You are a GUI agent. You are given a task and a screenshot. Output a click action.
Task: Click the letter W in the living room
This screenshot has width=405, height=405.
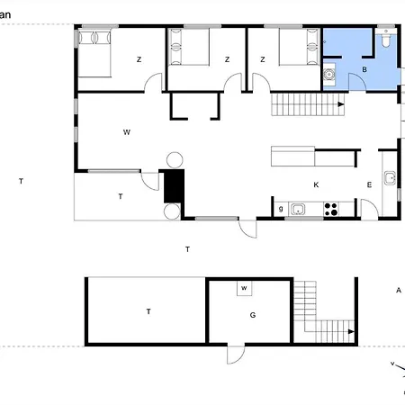coord(127,132)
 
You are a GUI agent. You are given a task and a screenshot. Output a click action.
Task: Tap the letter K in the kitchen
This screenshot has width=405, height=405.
coord(316,184)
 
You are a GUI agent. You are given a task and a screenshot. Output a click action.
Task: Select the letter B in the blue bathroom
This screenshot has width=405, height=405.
coord(364,69)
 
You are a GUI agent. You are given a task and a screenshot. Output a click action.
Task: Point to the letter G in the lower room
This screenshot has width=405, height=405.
coord(253,315)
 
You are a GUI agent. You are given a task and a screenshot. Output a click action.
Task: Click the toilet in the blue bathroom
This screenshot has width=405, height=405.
coord(386,40)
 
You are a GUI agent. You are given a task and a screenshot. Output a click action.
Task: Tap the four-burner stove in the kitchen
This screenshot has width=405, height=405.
coord(330,210)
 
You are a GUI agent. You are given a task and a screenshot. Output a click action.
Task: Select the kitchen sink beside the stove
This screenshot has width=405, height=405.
coord(299,210)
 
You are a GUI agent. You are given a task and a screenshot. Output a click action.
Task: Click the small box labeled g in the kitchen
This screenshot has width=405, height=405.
coord(281,210)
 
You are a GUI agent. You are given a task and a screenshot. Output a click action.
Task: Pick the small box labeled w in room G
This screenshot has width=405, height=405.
coord(243,288)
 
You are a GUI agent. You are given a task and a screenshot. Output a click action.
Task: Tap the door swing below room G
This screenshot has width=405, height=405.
coord(236,355)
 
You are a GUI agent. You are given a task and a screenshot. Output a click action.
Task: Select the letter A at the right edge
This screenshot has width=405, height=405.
coord(398,290)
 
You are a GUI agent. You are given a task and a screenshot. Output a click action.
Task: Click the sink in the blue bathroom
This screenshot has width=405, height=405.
coord(329,76)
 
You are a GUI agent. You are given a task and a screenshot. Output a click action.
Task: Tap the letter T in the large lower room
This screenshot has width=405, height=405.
coord(148,310)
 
